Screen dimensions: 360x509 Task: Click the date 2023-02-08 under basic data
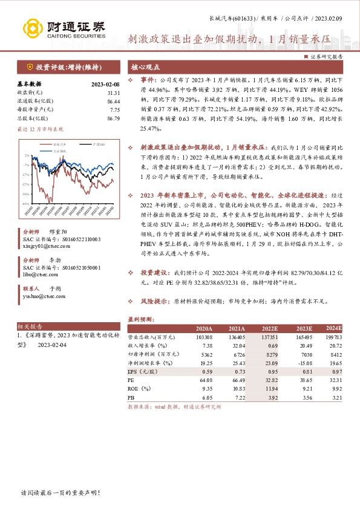coord(105,85)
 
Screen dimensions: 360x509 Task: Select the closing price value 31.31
coord(113,93)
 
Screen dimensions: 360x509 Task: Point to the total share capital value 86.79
coord(113,118)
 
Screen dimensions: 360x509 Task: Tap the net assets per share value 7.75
coord(115,110)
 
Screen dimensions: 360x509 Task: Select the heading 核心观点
coord(145,66)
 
